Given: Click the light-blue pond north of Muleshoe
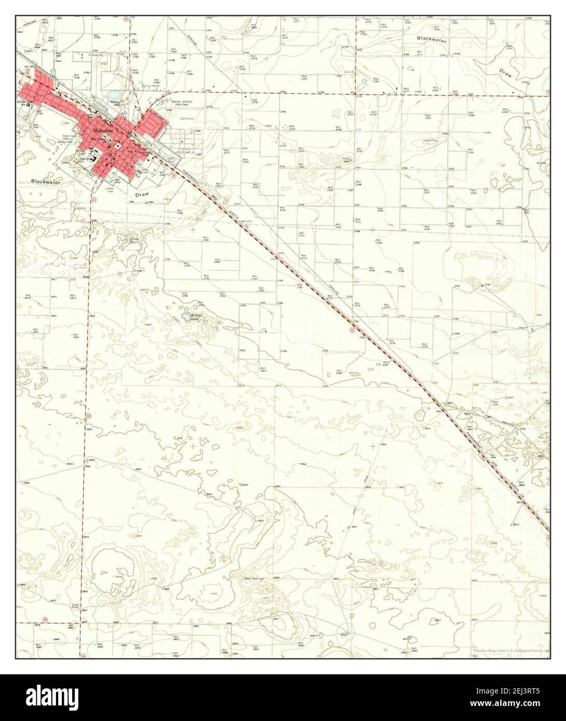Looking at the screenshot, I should pyautogui.click(x=114, y=95).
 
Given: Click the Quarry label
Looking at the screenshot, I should pyautogui.click(x=362, y=72).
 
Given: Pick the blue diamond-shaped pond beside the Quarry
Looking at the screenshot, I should pyautogui.click(x=364, y=81).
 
